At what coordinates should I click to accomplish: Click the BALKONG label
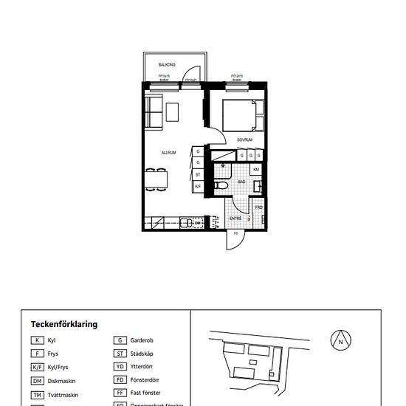166,65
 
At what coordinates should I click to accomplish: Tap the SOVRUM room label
245,139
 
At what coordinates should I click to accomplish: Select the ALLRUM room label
169,153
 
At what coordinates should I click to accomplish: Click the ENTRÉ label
235,218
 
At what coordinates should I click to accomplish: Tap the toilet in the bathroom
223,185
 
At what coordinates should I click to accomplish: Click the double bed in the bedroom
241,114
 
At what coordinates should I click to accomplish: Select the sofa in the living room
154,111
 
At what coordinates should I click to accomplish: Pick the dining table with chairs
156,179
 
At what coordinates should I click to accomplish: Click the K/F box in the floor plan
198,186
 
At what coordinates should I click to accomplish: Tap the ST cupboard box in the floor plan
198,174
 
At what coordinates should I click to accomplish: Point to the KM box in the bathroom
256,170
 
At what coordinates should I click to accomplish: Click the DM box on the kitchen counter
198,221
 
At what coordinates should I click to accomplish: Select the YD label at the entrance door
235,233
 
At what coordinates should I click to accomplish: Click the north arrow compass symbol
340,341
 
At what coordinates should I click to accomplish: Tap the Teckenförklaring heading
64,324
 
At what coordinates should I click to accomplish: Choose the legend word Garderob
142,341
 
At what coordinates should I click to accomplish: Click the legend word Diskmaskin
61,381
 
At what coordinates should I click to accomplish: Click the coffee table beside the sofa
173,111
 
